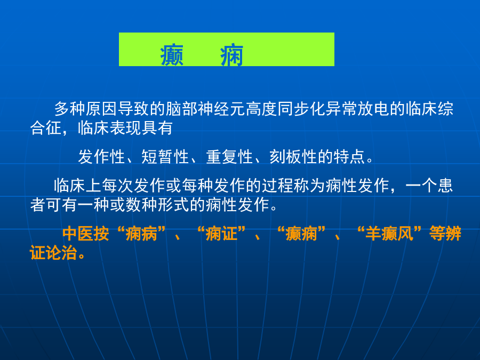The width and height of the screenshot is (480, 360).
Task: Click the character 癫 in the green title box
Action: tap(172, 55)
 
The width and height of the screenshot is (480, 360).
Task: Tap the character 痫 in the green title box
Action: tap(232, 55)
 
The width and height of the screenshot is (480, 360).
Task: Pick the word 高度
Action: tap(261, 109)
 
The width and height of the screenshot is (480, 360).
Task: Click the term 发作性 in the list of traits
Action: tap(102, 157)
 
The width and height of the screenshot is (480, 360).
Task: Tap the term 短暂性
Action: tap(165, 157)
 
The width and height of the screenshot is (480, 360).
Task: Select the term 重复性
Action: tap(229, 157)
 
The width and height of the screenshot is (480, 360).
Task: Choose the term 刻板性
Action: tap(293, 157)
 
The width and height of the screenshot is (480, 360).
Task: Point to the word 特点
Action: tap(349, 157)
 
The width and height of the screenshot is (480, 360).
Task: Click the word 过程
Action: tap(277, 186)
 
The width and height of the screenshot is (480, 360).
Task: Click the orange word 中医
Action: tap(78, 234)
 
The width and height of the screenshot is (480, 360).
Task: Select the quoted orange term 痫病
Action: tap(141, 234)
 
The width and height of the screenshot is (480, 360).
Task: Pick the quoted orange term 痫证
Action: tap(221, 234)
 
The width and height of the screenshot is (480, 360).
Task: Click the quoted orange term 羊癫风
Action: tap(389, 234)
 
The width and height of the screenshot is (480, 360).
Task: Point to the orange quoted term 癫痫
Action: tap(301, 234)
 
